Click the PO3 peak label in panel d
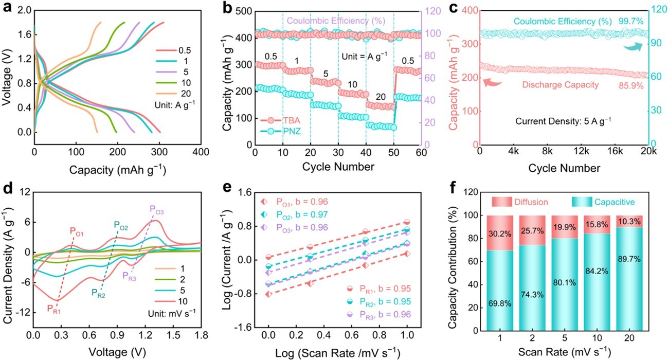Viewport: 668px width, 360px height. click(157, 209)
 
